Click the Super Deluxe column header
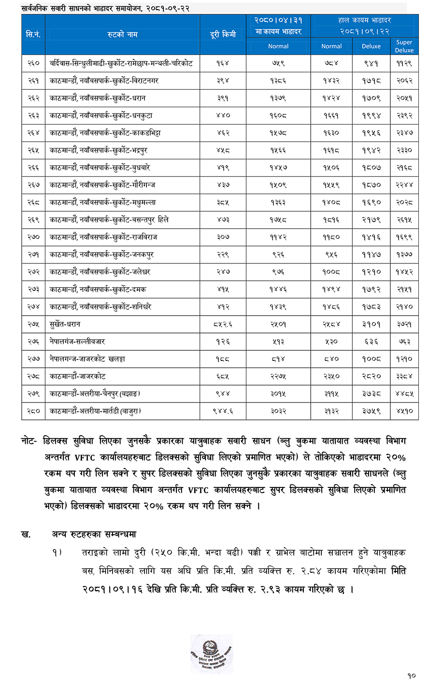tap(404, 46)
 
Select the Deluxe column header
tap(371, 46)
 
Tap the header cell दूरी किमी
tap(223, 34)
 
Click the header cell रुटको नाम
tap(122, 34)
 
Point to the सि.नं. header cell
tap(33, 34)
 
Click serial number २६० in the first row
tap(33, 63)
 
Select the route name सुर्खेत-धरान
tap(65, 324)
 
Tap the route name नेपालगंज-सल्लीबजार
tap(77, 341)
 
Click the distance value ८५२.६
tap(223, 324)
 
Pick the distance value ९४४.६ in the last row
tap(223, 411)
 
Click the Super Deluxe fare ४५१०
tap(404, 411)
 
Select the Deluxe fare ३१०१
tap(371, 324)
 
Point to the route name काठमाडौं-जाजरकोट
tap(77, 376)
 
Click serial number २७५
tap(33, 324)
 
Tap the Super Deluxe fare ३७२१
tap(404, 324)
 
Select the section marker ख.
tap(26, 534)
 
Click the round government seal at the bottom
tap(211, 654)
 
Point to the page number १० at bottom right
tap(411, 676)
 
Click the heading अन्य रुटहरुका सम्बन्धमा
tap(94, 534)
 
